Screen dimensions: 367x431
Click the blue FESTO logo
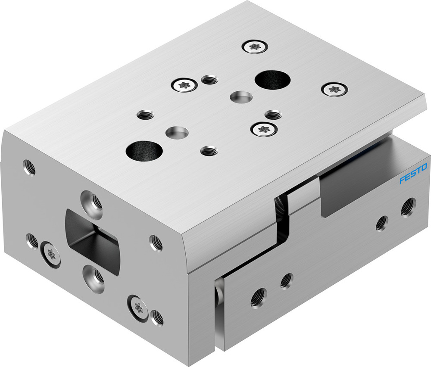413,173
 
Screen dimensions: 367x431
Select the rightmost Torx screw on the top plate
334,89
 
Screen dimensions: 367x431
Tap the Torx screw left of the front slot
51,255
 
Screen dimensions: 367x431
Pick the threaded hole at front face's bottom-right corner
157,317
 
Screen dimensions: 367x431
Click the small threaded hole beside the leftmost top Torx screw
209,80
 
